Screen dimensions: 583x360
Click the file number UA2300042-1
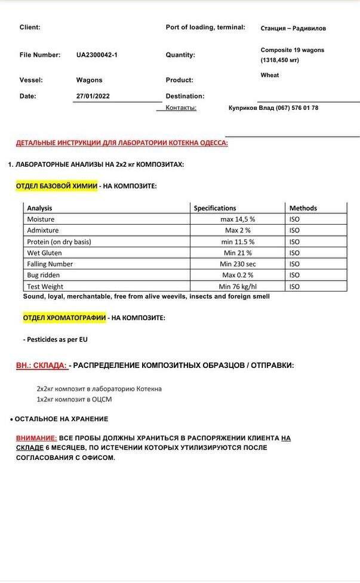click(97, 55)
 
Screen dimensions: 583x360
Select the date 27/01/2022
click(93, 96)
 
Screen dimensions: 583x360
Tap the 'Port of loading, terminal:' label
click(205, 27)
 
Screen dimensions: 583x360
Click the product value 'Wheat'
click(270, 75)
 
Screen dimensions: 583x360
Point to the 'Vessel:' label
click(31, 80)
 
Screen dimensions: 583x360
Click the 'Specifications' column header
click(215, 208)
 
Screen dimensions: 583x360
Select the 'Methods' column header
click(303, 208)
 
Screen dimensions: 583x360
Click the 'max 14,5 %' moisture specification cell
click(238, 219)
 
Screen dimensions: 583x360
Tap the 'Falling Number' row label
click(50, 264)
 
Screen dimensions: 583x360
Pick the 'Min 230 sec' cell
click(238, 264)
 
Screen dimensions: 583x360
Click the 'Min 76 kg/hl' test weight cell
click(238, 287)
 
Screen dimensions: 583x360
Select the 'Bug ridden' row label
click(43, 275)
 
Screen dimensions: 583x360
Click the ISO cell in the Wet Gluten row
click(294, 253)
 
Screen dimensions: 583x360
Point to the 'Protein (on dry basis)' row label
click(59, 242)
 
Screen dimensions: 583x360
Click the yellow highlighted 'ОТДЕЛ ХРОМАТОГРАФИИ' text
click(64, 318)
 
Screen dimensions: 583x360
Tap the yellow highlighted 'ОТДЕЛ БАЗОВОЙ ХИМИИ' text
click(57, 186)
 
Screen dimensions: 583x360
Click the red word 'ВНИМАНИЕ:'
click(36, 438)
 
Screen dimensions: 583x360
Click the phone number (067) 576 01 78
click(297, 108)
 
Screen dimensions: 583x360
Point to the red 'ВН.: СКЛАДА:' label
click(41, 366)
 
